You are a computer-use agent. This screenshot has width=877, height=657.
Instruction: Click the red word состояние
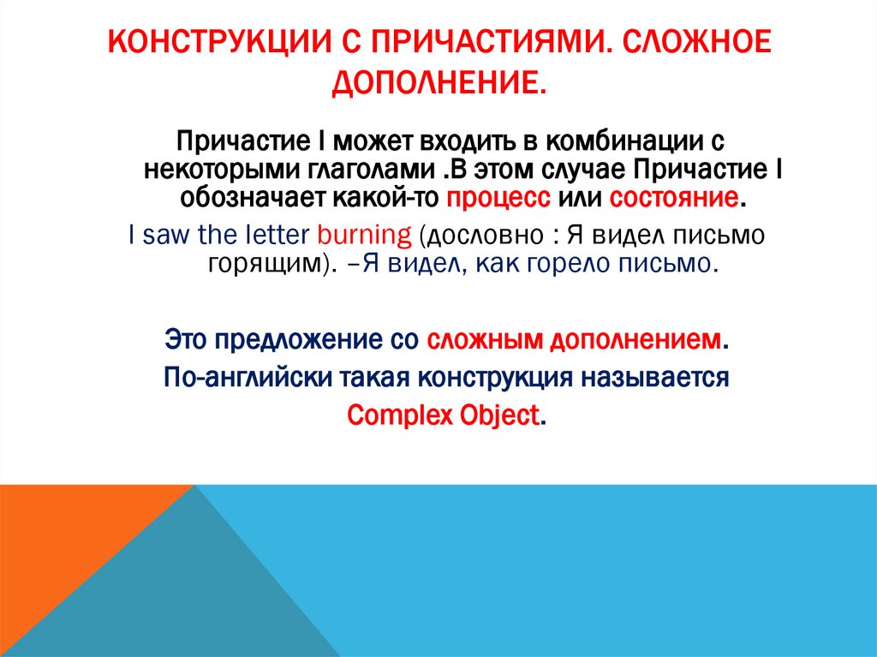673,198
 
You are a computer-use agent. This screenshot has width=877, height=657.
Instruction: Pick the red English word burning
365,235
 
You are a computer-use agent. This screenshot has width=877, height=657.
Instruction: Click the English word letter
271,235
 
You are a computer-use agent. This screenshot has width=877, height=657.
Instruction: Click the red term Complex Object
444,415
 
